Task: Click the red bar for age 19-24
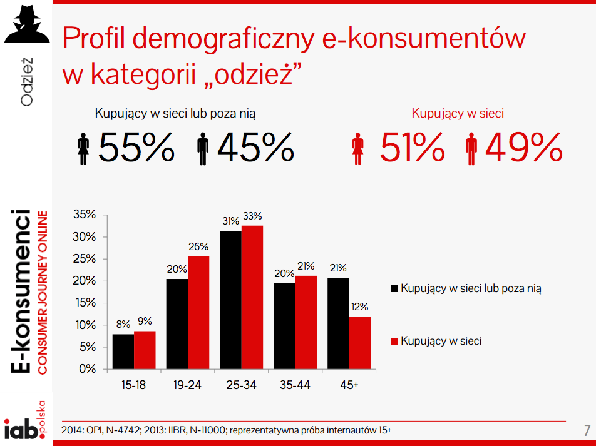click(198, 313)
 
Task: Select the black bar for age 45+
click(338, 323)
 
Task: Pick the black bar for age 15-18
click(123, 352)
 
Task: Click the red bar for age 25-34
click(252, 297)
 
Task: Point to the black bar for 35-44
click(284, 326)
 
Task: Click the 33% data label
click(252, 216)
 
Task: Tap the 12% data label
click(360, 307)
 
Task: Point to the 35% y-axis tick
click(84, 215)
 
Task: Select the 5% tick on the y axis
click(87, 347)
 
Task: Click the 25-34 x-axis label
click(241, 385)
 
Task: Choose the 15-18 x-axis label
click(133, 385)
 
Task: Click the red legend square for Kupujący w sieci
click(394, 342)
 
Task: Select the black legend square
click(394, 289)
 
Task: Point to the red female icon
click(359, 148)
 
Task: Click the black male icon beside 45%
click(202, 148)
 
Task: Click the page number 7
click(587, 430)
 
